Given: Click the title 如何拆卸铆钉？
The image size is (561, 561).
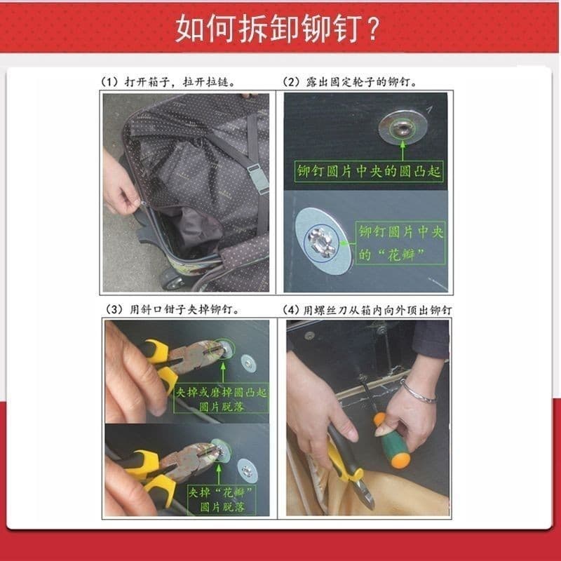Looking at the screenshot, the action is [x=278, y=29].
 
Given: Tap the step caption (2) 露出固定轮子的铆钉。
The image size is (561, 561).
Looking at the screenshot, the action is [x=350, y=82].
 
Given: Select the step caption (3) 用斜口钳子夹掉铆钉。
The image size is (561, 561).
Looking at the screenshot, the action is [x=173, y=309].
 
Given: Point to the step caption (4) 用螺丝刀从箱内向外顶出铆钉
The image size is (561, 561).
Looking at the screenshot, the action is [x=367, y=310].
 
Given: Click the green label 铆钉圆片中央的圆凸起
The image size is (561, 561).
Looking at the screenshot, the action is [x=369, y=171].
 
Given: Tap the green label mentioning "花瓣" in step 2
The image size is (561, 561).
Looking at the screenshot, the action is [x=400, y=243].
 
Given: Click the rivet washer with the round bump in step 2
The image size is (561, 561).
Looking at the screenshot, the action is [x=403, y=128].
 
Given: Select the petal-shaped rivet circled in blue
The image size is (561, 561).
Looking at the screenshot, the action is [x=321, y=242].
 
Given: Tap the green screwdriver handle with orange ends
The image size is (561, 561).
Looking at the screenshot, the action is [x=393, y=441].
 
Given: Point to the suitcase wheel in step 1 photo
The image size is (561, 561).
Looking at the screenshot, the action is [x=173, y=280].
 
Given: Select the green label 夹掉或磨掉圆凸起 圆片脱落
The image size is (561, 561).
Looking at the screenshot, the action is [x=221, y=399].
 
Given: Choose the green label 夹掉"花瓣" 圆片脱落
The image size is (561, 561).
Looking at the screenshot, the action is [x=222, y=500].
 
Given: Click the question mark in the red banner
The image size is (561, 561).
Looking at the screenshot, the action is [x=373, y=29].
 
